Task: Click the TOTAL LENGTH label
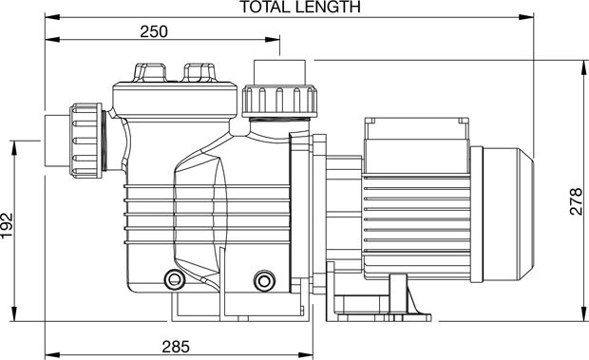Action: click(300, 7)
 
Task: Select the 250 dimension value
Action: click(154, 32)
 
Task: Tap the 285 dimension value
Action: click(176, 347)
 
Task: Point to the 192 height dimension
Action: click(8, 226)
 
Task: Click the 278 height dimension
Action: click(577, 201)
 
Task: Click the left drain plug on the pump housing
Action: click(174, 279)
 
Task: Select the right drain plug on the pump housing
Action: click(264, 280)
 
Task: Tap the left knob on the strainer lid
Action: click(149, 72)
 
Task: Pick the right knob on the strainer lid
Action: click(199, 72)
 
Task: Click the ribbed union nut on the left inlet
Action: click(85, 141)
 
